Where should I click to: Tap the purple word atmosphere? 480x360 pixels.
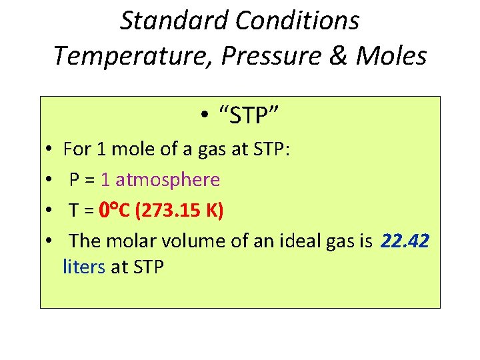click(x=167, y=179)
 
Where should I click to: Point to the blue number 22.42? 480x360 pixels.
click(x=405, y=241)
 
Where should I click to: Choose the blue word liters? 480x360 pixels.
click(x=84, y=267)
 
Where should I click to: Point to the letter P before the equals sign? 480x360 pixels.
click(x=75, y=179)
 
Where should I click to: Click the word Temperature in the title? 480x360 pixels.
click(x=133, y=56)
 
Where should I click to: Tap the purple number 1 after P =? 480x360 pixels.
click(x=106, y=179)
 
